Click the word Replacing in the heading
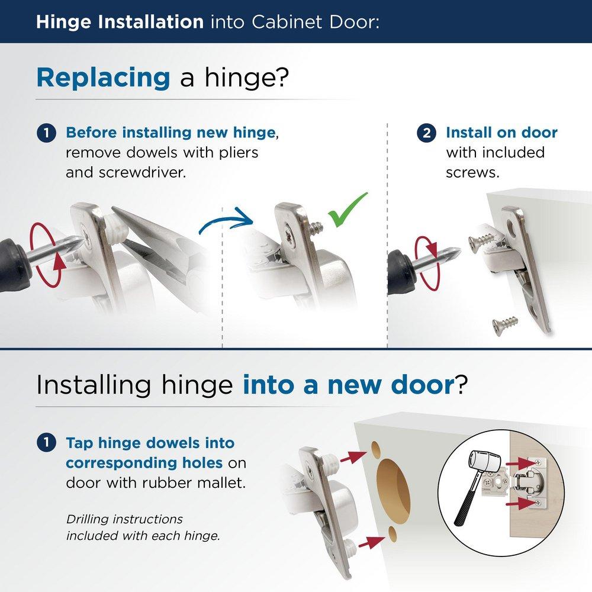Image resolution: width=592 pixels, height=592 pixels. [x=103, y=78]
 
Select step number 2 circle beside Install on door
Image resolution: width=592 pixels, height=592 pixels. [x=427, y=133]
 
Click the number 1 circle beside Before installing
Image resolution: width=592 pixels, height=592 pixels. [x=46, y=133]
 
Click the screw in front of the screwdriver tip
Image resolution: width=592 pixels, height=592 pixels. [x=480, y=240]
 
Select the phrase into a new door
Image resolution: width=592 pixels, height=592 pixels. [x=348, y=385]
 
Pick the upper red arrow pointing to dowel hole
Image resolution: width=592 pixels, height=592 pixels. [x=354, y=456]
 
